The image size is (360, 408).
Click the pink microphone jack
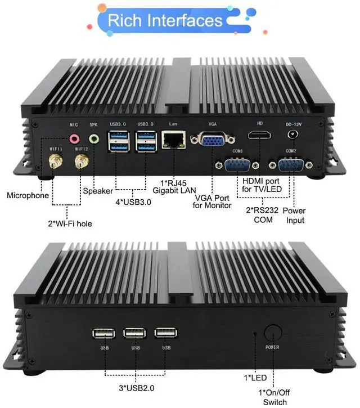click(73, 138)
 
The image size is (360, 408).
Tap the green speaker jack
click(94, 138)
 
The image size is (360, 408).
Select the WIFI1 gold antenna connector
click(56, 163)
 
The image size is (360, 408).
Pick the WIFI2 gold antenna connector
click(80, 163)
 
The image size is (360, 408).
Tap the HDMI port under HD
click(259, 135)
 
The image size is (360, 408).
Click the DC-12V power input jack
click(292, 134)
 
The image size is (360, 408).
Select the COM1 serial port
click(237, 165)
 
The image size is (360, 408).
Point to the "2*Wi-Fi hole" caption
click(70, 223)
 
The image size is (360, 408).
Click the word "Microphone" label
click(28, 195)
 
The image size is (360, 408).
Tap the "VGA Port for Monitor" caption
click(212, 201)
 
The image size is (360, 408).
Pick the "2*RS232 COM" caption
click(263, 215)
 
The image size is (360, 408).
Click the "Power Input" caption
click(294, 215)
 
